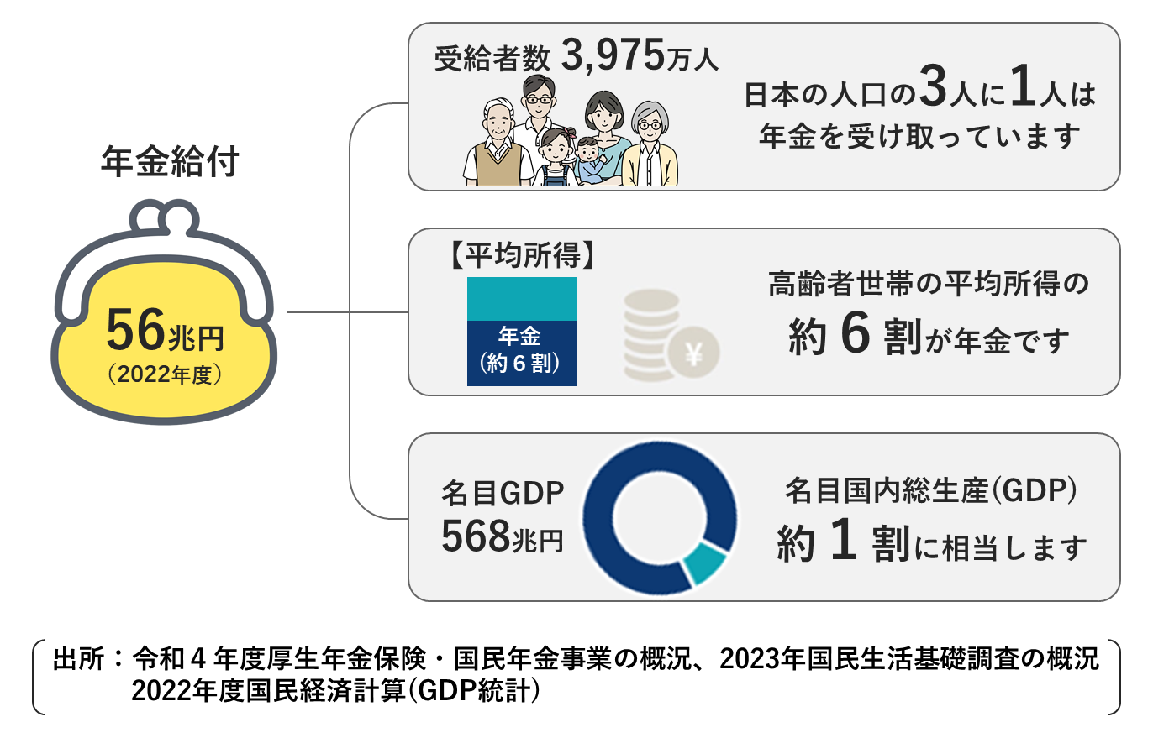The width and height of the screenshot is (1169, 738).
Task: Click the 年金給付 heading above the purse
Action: pyautogui.click(x=170, y=162)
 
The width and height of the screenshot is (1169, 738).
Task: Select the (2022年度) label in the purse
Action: pyautogui.click(x=165, y=374)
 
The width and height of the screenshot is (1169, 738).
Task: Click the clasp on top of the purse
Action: pyautogui.click(x=165, y=220)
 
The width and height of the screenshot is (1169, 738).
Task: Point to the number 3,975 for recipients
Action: pyautogui.click(x=613, y=56)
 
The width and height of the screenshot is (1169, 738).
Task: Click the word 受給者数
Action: pyautogui.click(x=492, y=59)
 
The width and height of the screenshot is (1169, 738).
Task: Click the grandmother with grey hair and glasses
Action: pyautogui.click(x=650, y=147)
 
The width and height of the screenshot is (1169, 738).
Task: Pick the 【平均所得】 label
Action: pyautogui.click(x=522, y=255)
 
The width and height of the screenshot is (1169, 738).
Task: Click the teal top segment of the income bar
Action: pyautogui.click(x=521, y=299)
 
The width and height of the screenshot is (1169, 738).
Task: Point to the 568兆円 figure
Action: pyautogui.click(x=502, y=537)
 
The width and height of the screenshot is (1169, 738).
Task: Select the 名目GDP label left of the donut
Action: pyautogui.click(x=502, y=494)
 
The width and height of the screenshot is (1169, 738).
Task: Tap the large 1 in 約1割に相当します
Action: pyautogui.click(x=843, y=540)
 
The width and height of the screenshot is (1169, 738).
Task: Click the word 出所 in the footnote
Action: pyautogui.click(x=78, y=659)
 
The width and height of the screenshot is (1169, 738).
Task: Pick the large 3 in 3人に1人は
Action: pyautogui.click(x=933, y=88)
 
